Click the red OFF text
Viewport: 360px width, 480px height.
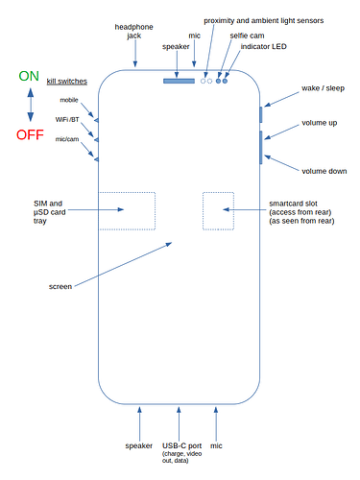pyautogui.click(x=29, y=133)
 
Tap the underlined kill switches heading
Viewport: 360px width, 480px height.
pyautogui.click(x=67, y=83)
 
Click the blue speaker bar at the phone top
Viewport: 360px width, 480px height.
pyautogui.click(x=179, y=81)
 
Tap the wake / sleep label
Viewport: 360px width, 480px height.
pyautogui.click(x=322, y=87)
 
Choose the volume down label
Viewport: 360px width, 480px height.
pyautogui.click(x=324, y=171)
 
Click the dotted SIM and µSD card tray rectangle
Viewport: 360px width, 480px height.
pyautogui.click(x=127, y=210)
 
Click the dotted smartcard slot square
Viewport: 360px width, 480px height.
pyautogui.click(x=217, y=210)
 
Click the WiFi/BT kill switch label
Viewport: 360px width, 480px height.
pyautogui.click(x=67, y=119)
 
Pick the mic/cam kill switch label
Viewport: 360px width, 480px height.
pyautogui.click(x=67, y=139)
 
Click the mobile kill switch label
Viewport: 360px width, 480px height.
pyautogui.click(x=69, y=100)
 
